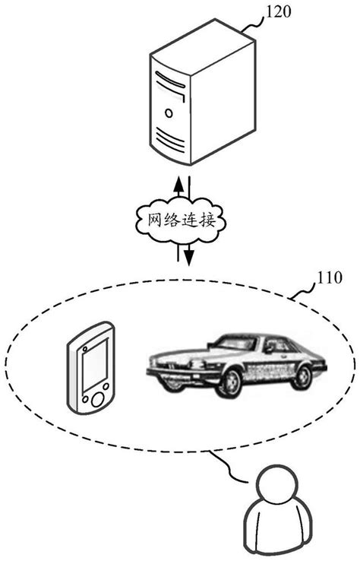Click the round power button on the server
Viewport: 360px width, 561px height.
point(168,113)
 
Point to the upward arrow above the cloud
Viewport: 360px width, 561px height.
point(178,184)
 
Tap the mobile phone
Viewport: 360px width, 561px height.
point(91,368)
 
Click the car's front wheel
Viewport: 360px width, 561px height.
point(229,382)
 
